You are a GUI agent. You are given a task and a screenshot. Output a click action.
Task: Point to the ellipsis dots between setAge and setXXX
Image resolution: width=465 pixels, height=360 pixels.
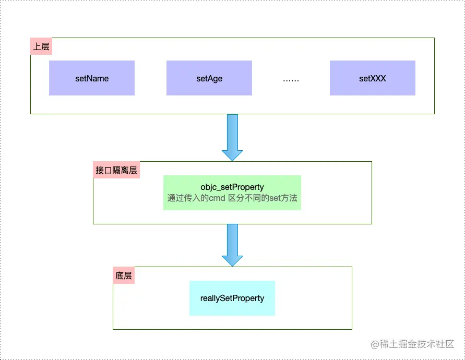click(x=291, y=80)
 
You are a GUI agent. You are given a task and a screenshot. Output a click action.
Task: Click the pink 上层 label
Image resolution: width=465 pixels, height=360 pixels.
click(x=41, y=46)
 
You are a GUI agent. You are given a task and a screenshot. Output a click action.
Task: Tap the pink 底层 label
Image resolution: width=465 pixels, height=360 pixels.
click(x=124, y=275)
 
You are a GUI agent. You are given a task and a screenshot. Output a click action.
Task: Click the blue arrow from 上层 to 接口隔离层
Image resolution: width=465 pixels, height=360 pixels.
click(x=232, y=137)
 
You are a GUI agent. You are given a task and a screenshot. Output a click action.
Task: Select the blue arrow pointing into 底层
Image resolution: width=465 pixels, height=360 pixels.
click(x=232, y=244)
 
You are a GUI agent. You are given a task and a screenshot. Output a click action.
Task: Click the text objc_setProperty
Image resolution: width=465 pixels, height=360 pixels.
click(x=232, y=187)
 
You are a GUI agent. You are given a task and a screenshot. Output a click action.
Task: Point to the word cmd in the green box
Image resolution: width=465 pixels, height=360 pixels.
click(x=217, y=198)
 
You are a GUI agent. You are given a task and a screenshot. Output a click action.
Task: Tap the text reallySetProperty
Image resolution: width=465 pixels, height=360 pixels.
click(x=232, y=298)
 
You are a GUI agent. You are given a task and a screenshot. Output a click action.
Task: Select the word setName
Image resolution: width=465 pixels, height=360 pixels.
click(x=92, y=79)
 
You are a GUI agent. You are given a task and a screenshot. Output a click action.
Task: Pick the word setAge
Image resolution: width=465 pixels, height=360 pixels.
click(x=209, y=79)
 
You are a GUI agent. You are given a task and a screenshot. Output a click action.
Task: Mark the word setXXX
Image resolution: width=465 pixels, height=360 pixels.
click(x=372, y=79)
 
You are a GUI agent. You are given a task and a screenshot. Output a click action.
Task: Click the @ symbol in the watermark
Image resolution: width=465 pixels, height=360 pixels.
click(x=374, y=344)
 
